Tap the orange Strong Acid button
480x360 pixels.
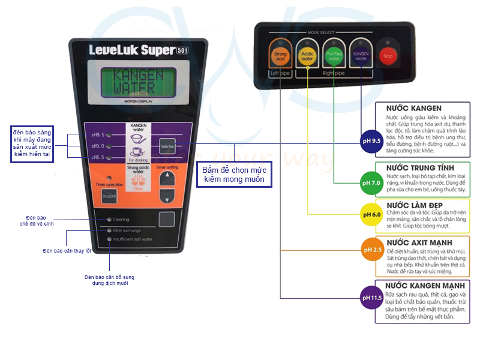pos(280,56)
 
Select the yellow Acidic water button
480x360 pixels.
pos(307,56)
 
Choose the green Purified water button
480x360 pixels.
pos(334,56)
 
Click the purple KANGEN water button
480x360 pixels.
pos(361,56)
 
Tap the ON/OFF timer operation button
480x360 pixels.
pos(109,196)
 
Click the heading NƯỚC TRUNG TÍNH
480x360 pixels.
pos(420,167)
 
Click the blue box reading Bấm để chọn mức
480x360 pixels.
pos(236,175)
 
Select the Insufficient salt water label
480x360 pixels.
pos(133,239)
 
